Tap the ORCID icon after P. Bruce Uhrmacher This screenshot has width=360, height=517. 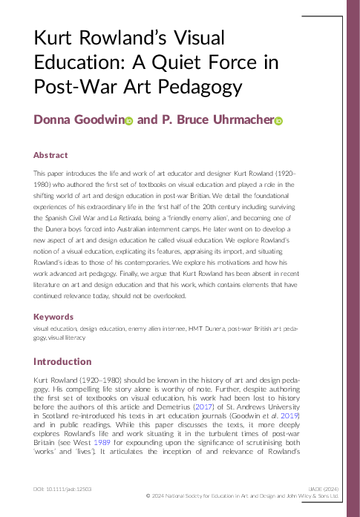[279, 121]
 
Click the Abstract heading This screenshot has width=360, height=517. [50, 155]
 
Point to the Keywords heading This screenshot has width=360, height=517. [53, 316]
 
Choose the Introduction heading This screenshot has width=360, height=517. [62, 362]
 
